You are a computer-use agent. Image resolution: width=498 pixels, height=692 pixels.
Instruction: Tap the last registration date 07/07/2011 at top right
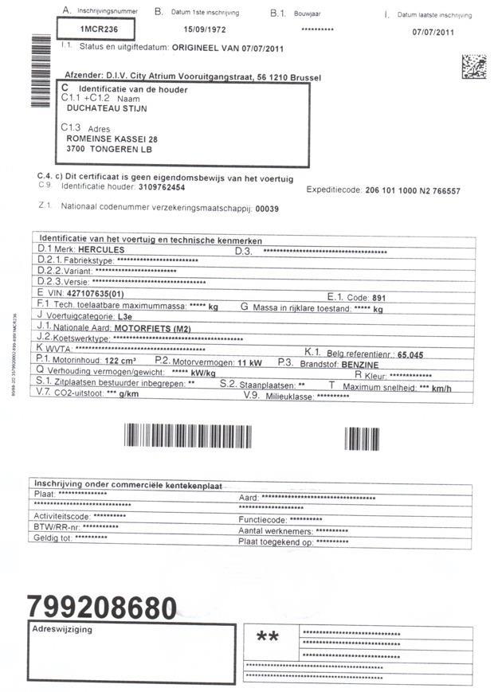tap(433, 33)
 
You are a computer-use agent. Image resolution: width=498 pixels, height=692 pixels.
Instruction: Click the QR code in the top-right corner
tap(473, 67)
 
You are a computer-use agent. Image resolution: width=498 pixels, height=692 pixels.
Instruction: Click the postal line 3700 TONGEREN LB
tap(110, 149)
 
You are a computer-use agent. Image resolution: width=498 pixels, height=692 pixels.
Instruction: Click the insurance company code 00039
tap(267, 208)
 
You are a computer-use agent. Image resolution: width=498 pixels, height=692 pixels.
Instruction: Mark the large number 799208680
tap(102, 608)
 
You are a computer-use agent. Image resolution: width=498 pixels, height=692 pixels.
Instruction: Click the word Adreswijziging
tap(62, 630)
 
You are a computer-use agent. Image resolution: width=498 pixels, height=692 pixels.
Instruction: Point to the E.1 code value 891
tap(379, 296)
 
